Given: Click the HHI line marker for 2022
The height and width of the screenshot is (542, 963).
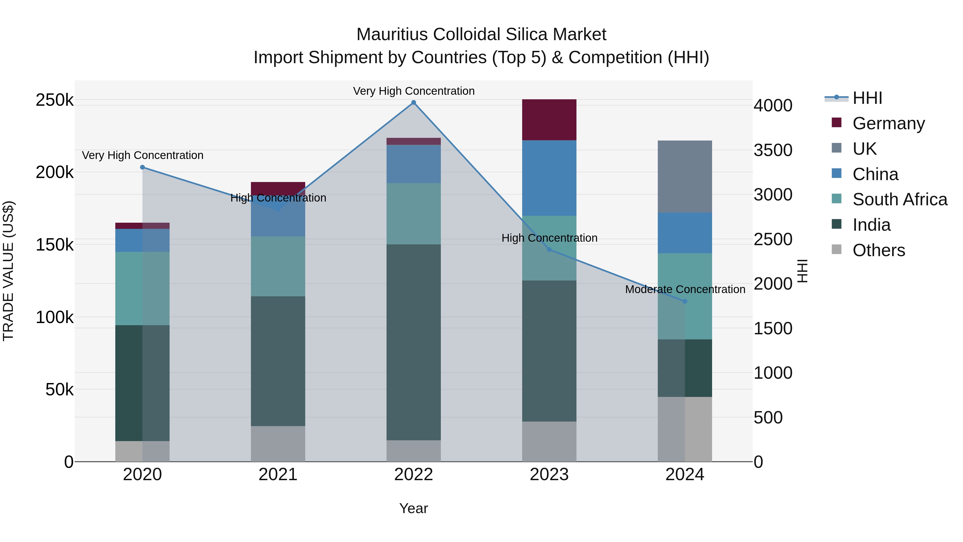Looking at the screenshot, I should point(414,103).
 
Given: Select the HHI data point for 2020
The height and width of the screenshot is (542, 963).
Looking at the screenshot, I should point(142,167).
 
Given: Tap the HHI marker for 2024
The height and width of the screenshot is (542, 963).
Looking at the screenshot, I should point(685,301).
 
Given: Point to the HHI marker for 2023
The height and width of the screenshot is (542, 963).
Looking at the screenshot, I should point(549,249).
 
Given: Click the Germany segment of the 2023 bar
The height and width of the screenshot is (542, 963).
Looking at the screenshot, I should point(549,120).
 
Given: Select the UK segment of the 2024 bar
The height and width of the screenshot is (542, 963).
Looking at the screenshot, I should point(685,177).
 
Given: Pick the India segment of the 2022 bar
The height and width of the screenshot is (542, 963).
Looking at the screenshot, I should point(414,342).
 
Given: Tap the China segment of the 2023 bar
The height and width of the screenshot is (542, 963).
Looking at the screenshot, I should point(549,178).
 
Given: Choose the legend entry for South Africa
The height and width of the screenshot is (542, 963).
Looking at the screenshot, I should point(899,199).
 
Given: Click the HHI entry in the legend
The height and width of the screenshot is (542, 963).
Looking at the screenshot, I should point(867,98).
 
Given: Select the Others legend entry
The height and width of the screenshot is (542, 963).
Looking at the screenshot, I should point(878,250).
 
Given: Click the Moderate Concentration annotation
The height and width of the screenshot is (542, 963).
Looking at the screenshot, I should point(685,289).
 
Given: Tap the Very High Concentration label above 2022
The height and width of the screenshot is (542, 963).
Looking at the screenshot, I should point(414,91).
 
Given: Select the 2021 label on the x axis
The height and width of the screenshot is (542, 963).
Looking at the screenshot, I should point(278,475).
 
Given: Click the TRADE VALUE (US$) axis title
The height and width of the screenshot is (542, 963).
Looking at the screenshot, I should point(8,271).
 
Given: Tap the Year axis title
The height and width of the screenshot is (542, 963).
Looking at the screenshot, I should point(414,508).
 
